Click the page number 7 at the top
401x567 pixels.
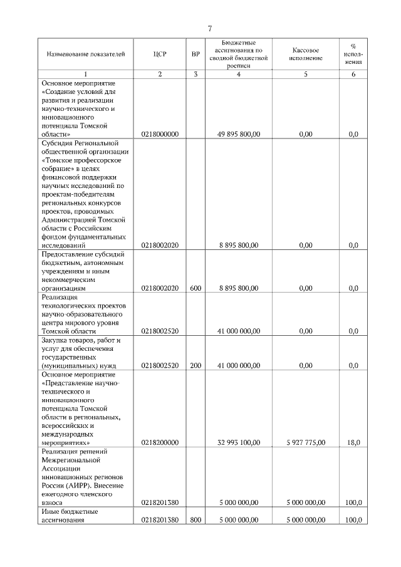click(x=210, y=28)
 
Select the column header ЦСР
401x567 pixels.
click(x=160, y=55)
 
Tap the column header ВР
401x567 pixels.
click(x=195, y=55)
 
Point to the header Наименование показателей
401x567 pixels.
click(x=86, y=55)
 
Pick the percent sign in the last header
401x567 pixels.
click(x=353, y=46)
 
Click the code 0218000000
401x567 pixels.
click(x=160, y=134)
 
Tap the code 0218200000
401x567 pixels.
click(x=160, y=442)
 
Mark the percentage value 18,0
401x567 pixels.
click(x=353, y=442)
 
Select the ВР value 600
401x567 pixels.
click(x=195, y=288)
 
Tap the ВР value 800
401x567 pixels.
click(x=195, y=519)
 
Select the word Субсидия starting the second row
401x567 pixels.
click(x=58, y=143)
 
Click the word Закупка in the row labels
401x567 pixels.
click(x=55, y=340)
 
